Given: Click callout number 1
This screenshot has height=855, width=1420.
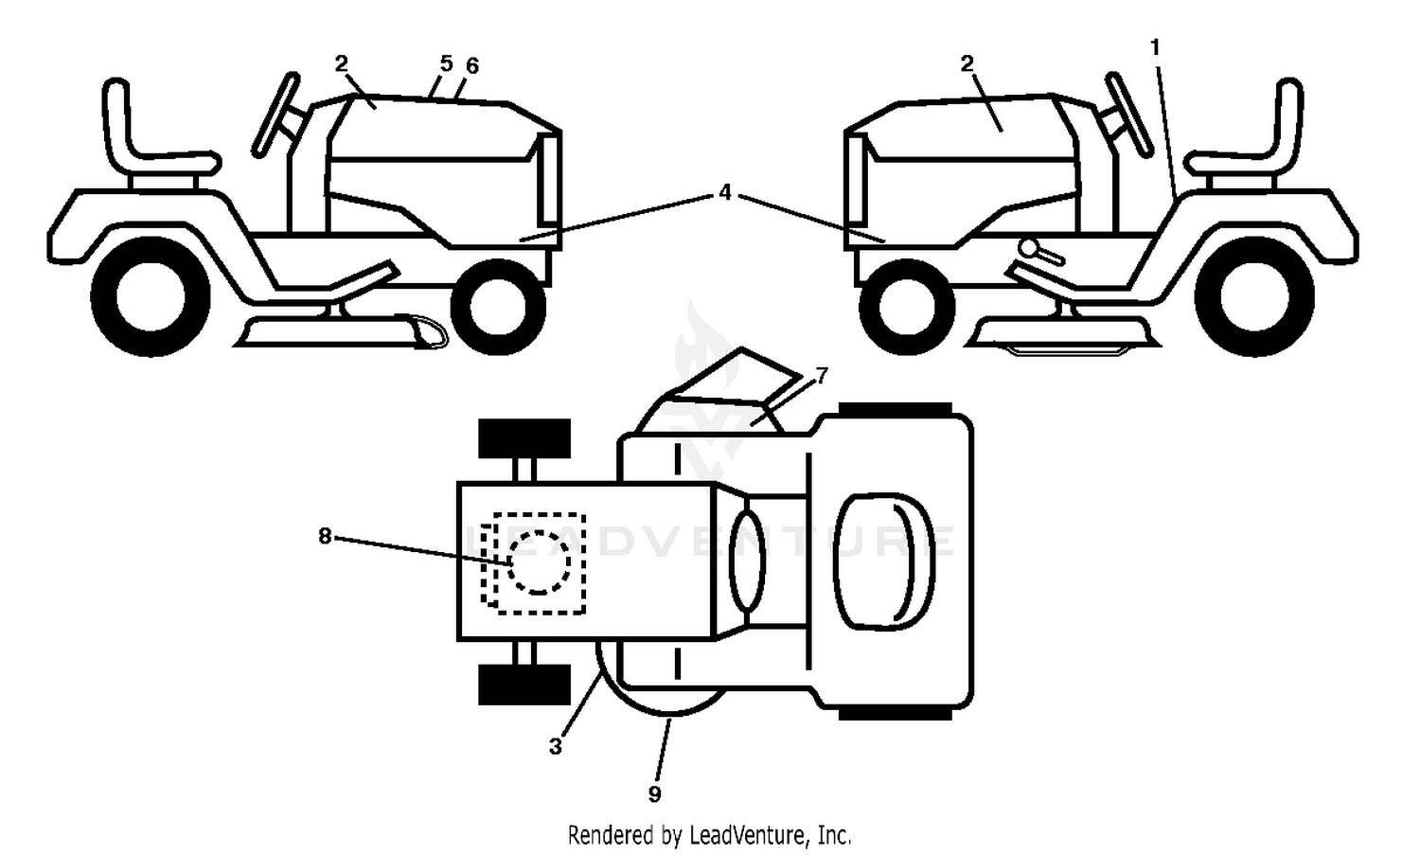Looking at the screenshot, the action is (1155, 47).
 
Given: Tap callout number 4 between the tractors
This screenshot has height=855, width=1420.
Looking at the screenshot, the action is (725, 191).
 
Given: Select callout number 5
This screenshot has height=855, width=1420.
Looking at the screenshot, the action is (446, 63).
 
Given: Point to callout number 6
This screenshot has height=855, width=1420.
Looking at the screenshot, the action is (472, 65).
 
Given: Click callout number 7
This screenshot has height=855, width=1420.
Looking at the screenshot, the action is (822, 376).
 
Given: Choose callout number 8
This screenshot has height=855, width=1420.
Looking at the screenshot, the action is (325, 537).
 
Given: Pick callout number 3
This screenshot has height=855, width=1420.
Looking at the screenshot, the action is (556, 746).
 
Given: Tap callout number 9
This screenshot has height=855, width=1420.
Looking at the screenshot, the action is (655, 793).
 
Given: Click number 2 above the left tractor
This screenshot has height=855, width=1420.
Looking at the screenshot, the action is (341, 63).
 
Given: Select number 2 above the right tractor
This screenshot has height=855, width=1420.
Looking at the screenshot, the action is (967, 63).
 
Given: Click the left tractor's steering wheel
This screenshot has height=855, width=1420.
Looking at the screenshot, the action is (275, 115).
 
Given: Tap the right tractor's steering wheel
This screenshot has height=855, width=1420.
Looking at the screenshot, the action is (1128, 115).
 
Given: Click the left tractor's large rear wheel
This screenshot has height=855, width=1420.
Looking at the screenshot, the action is (151, 296).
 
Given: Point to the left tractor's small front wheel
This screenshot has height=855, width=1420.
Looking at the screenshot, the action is (498, 307).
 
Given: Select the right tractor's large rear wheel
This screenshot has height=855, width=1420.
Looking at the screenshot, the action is (1254, 296).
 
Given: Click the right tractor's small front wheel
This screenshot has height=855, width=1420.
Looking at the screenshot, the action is (907, 307).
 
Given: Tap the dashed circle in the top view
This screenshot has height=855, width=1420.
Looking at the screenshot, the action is (539, 562).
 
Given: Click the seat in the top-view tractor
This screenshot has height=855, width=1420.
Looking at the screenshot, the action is (885, 562).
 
